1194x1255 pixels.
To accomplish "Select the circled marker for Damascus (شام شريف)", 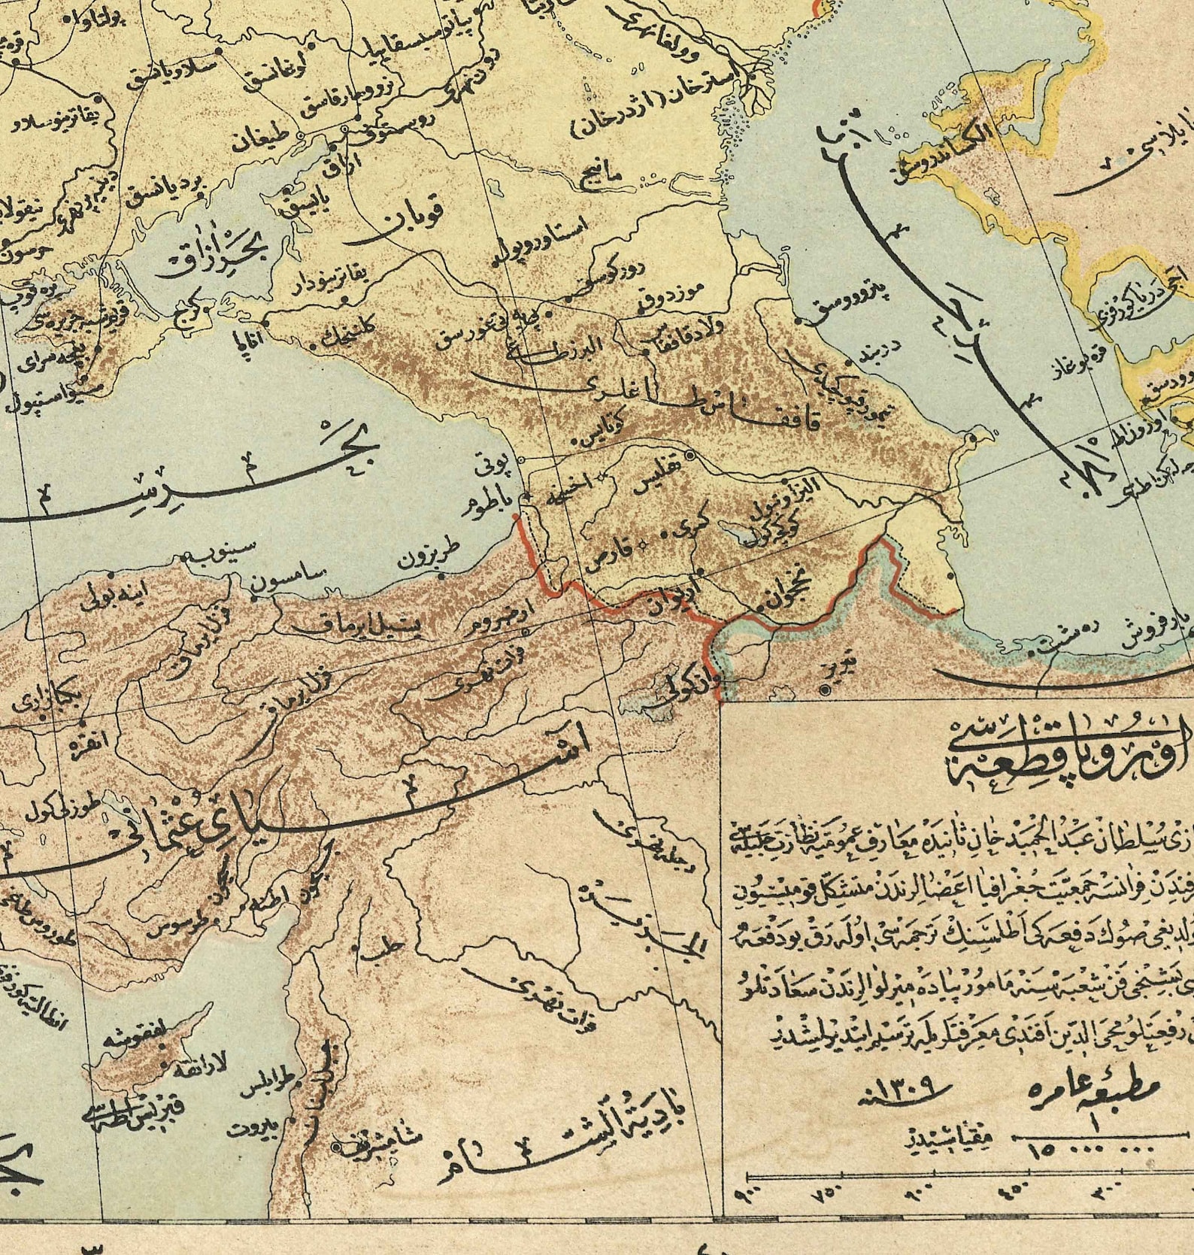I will point(335,1125).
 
